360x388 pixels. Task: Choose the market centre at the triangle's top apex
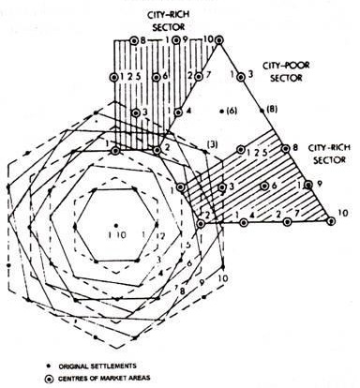(223, 40)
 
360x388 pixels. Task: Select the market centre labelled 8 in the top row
(132, 41)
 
